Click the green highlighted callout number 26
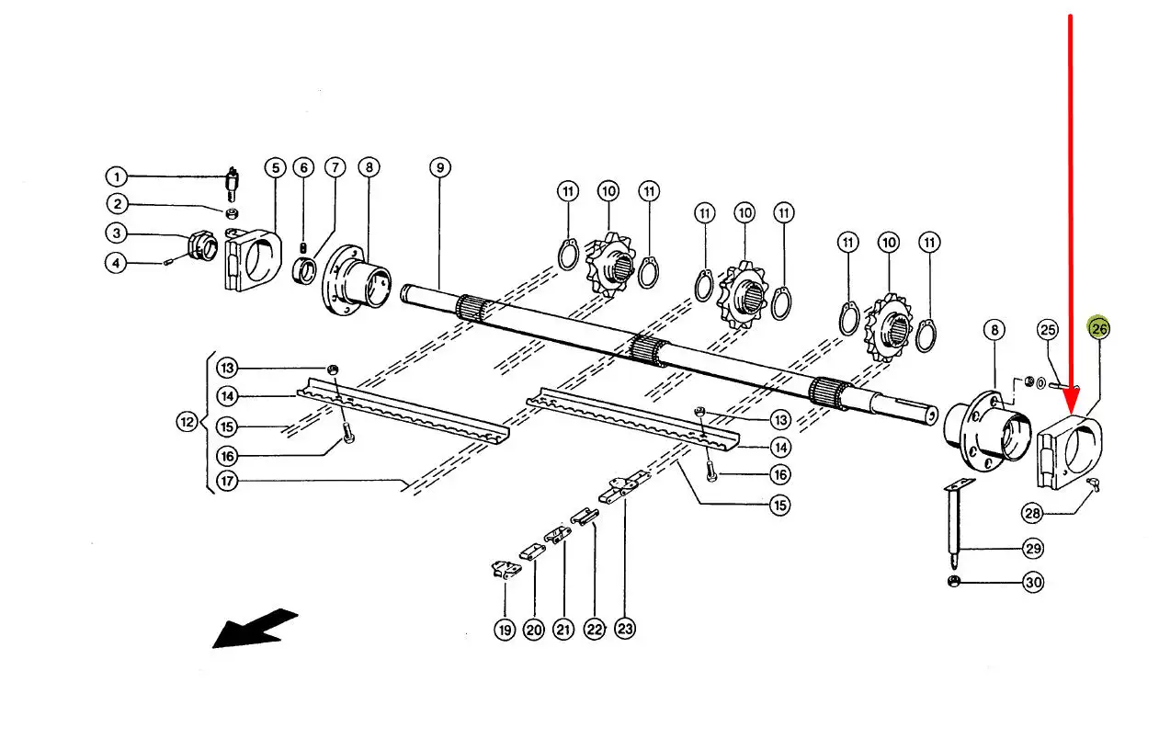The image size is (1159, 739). click(1098, 328)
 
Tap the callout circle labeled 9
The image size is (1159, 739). click(440, 167)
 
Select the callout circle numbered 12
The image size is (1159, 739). click(187, 422)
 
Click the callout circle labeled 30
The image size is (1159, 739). click(1033, 582)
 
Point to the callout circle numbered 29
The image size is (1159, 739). click(1033, 548)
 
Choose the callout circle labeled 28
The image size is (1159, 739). click(1032, 514)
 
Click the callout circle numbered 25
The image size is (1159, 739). click(1048, 330)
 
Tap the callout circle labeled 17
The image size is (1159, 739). click(227, 481)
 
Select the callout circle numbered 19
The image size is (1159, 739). click(505, 630)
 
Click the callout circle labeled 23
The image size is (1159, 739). click(625, 629)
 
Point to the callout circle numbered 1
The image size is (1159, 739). click(117, 177)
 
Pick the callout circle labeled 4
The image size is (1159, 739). click(116, 263)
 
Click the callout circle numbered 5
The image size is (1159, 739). click(275, 167)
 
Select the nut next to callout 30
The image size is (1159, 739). click(953, 581)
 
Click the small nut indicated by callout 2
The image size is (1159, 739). click(233, 212)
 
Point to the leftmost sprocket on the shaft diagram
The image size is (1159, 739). click(610, 265)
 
